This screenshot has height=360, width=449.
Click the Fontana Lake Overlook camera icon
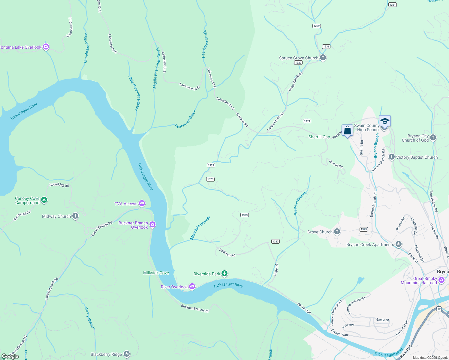click(x=46, y=47)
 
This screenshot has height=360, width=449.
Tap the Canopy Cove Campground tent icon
click(x=44, y=200)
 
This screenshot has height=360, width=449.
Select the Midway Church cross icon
click(x=75, y=216)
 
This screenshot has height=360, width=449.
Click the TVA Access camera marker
click(x=142, y=203)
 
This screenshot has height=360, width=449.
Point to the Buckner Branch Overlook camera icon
click(x=152, y=225)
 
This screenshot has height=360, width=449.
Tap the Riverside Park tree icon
click(x=224, y=274)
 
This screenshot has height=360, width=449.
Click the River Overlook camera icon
click(x=192, y=286)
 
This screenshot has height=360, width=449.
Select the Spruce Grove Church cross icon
click(x=323, y=58)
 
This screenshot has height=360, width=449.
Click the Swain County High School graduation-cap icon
click(x=385, y=121)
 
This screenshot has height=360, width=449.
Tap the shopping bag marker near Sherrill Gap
click(x=347, y=130)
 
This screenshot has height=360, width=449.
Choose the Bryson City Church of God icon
click(x=433, y=138)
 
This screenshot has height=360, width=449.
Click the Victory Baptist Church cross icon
click(x=391, y=157)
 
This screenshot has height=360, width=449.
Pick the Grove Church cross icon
click(x=337, y=232)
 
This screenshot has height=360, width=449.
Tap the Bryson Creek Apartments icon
click(x=399, y=244)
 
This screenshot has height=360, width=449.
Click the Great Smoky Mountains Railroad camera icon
click(x=441, y=280)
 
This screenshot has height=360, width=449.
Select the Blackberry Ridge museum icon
click(x=127, y=354)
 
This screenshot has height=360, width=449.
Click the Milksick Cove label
click(x=156, y=273)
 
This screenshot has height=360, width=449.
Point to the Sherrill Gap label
click(x=319, y=137)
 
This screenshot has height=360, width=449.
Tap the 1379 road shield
click(x=307, y=121)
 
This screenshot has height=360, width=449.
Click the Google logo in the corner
click(x=10, y=356)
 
